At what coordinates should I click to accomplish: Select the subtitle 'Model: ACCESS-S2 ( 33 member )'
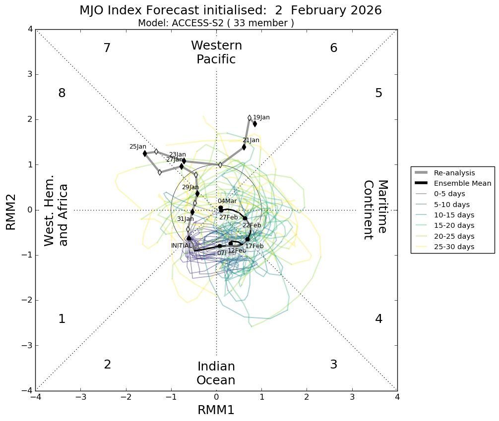point(216,23)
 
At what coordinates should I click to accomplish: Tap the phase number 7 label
point(107,48)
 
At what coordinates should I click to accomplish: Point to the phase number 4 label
point(378,319)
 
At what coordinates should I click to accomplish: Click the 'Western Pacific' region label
point(216,53)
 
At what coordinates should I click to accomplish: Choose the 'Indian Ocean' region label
point(216,373)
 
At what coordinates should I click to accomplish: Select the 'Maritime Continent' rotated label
point(375,210)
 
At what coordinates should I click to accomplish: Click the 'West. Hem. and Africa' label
point(56,214)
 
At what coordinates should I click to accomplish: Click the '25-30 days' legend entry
point(454,247)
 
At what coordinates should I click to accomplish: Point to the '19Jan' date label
point(261,117)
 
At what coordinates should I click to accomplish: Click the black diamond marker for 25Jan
point(145,154)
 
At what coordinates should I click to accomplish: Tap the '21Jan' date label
point(251,140)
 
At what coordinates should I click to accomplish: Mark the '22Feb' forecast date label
point(251,225)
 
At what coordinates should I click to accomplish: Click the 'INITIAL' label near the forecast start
point(182,246)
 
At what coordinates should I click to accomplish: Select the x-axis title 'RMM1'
point(216,410)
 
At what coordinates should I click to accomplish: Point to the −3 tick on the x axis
point(81,397)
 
